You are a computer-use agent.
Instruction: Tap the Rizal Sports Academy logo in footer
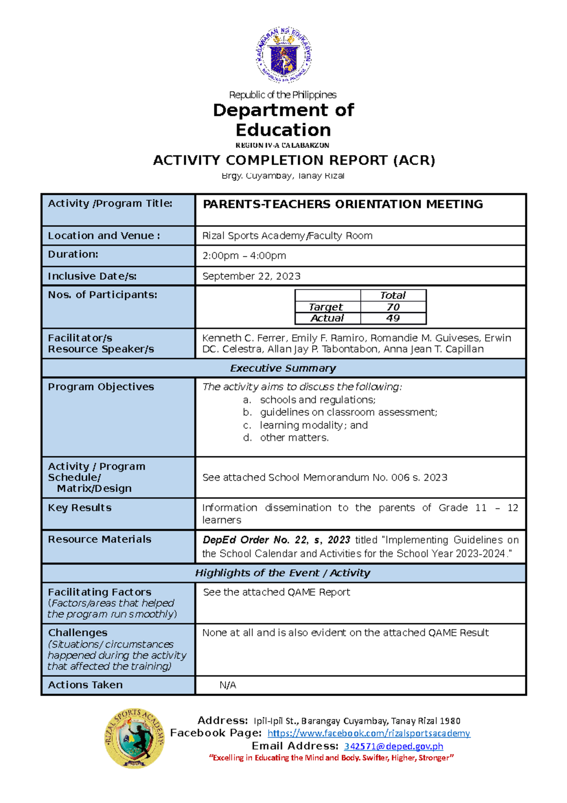click(135, 738)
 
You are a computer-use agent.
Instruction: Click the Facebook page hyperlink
click(369, 733)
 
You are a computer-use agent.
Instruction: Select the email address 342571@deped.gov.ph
click(393, 746)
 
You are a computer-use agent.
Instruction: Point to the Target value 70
click(393, 307)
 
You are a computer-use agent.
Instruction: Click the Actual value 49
click(393, 318)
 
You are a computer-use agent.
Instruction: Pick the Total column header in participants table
click(393, 295)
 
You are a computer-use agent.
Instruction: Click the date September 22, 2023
click(251, 276)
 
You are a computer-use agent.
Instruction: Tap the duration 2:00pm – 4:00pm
click(244, 256)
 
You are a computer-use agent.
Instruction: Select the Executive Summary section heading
click(283, 368)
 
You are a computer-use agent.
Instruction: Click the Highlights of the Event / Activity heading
click(283, 573)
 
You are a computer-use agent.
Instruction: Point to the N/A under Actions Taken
click(227, 685)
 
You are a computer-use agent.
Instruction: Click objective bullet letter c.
click(247, 425)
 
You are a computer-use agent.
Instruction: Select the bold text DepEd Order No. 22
click(255, 540)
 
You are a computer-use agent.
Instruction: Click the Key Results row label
click(79, 507)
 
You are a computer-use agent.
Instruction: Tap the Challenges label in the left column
click(77, 632)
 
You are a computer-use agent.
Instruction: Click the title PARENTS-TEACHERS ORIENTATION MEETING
click(343, 204)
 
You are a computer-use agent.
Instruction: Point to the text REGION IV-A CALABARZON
click(282, 145)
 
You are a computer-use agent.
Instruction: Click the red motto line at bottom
click(331, 758)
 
